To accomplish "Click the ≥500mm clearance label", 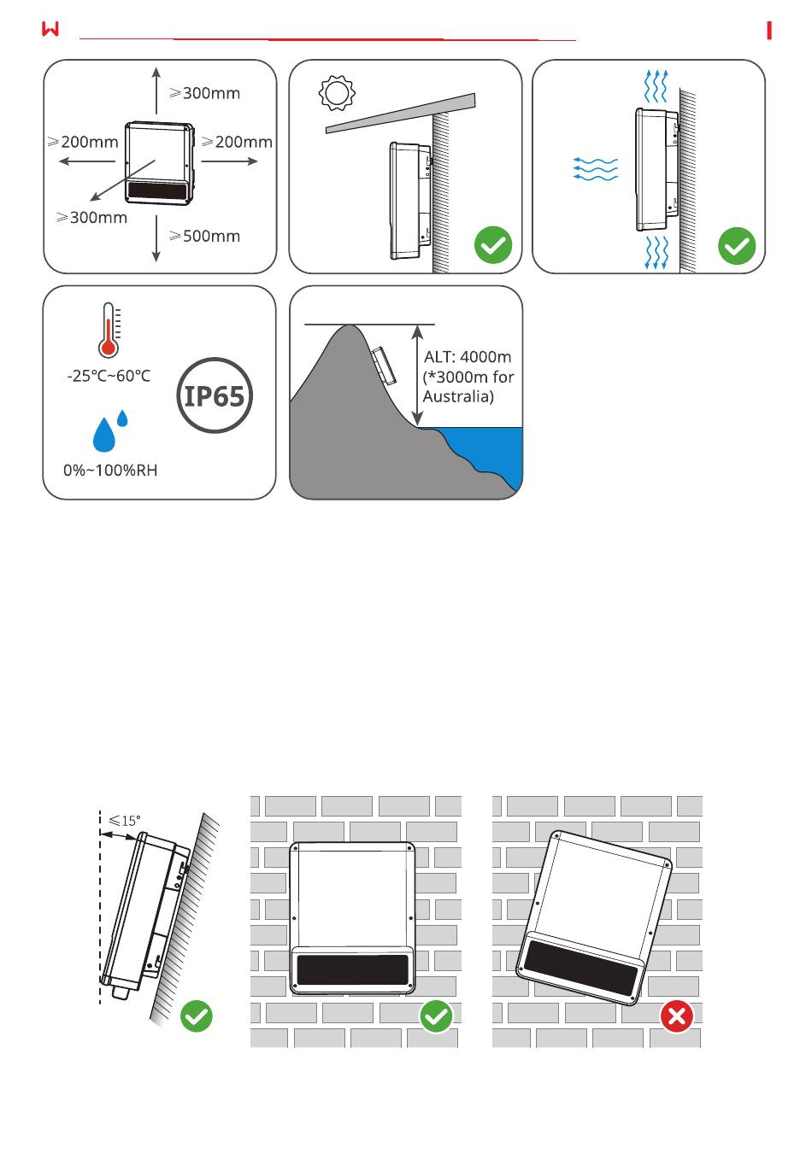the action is [x=204, y=236].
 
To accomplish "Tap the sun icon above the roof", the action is [x=337, y=93].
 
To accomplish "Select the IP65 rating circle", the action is [x=215, y=395].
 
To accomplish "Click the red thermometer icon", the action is [x=109, y=330].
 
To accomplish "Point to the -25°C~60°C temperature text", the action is [x=109, y=376].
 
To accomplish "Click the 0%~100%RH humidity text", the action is [x=110, y=470].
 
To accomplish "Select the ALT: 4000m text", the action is [x=468, y=357].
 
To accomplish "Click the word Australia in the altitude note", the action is [x=457, y=397].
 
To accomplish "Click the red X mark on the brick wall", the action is [x=677, y=1016].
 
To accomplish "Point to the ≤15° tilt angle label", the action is [x=125, y=821].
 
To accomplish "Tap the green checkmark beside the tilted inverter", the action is [x=197, y=1016].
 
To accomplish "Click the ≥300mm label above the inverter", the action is [x=204, y=93].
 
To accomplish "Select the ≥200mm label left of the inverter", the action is [x=83, y=142].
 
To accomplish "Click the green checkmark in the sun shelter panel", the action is [x=493, y=245].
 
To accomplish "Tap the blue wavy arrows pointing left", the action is [x=596, y=169].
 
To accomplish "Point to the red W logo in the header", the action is [x=50, y=29].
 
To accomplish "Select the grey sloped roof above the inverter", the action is [x=401, y=114].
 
